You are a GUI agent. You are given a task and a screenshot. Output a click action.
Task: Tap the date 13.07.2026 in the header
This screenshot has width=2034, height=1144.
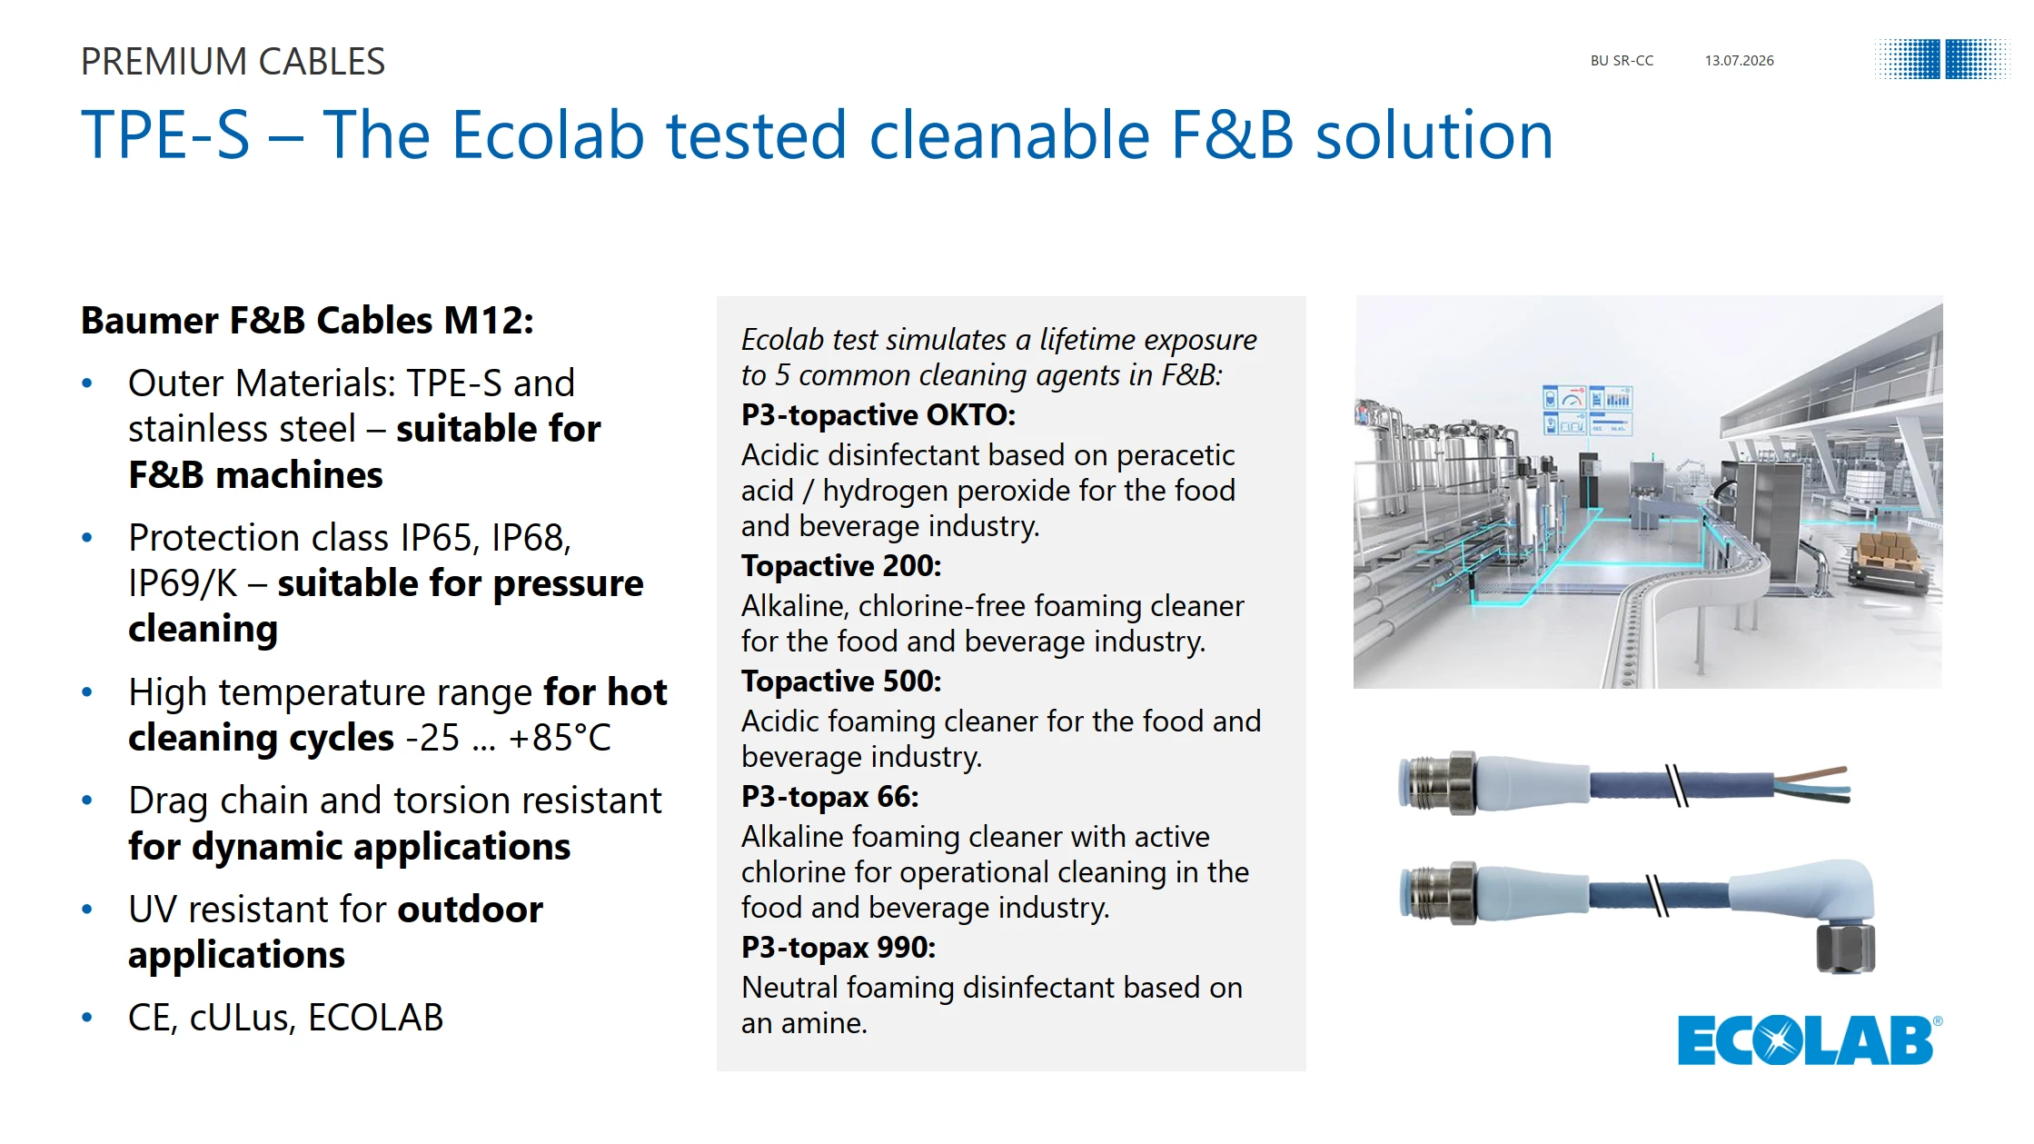pyautogui.click(x=1739, y=61)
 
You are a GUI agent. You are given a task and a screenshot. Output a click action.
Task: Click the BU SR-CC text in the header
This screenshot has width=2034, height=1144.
pyautogui.click(x=1622, y=61)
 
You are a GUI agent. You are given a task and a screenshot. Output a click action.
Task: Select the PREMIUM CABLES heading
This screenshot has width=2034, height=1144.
pyautogui.click(x=233, y=62)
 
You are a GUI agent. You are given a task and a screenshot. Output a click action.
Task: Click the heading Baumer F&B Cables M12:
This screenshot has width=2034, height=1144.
pyautogui.click(x=307, y=321)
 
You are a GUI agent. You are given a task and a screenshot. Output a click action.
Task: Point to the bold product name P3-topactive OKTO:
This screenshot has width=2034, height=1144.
pyautogui.click(x=878, y=415)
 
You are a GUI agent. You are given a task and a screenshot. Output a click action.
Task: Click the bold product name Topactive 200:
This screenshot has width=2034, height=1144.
pyautogui.click(x=841, y=566)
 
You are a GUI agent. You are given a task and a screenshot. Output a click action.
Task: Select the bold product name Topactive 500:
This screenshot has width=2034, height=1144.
pyautogui.click(x=841, y=681)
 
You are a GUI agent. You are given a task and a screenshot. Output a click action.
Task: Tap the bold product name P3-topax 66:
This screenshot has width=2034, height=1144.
pyautogui.click(x=829, y=797)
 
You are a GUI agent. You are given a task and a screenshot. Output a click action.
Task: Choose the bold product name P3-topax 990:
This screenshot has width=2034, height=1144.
pyautogui.click(x=838, y=948)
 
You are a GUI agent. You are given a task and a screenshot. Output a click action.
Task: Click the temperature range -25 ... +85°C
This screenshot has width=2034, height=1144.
pyautogui.click(x=508, y=738)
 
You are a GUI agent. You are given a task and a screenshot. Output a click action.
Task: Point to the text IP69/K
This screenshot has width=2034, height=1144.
pyautogui.click(x=183, y=583)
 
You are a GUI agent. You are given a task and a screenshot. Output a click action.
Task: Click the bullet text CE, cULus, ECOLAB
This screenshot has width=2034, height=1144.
pyautogui.click(x=285, y=1018)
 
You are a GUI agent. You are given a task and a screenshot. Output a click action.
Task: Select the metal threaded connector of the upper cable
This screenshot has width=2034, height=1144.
pyautogui.click(x=1437, y=782)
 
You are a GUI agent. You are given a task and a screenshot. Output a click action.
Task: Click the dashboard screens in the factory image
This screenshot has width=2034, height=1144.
pyautogui.click(x=1586, y=411)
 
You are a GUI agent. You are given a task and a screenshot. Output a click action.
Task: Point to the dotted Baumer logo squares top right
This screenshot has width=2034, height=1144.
pyautogui.click(x=1941, y=60)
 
